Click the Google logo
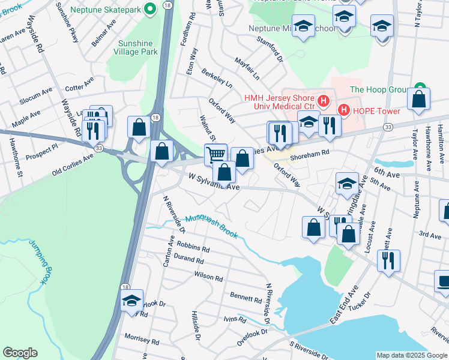pos(20,353)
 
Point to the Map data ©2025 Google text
pos(411,355)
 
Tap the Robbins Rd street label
pos(193,247)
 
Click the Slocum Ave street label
pos(36,94)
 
